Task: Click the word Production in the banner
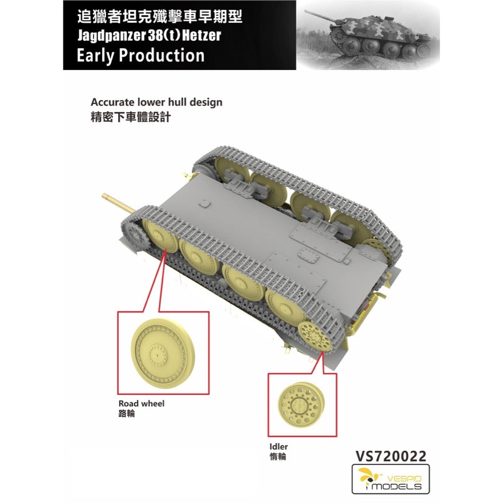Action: click(x=161, y=55)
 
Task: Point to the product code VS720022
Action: click(x=391, y=456)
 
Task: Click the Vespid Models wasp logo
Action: click(x=367, y=477)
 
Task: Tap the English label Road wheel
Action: click(x=141, y=403)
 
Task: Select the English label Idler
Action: click(x=279, y=446)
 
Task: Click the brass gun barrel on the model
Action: click(x=118, y=203)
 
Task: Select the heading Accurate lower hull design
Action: click(x=156, y=102)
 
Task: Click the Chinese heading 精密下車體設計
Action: click(x=131, y=117)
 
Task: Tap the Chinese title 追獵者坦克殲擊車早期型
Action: click(x=159, y=17)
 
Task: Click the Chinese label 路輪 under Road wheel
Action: click(x=127, y=413)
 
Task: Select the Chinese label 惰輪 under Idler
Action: click(x=278, y=457)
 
